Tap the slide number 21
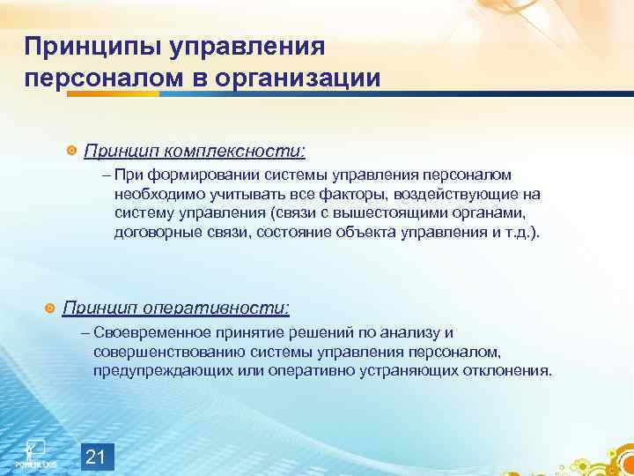click(98, 457)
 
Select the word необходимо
click(153, 194)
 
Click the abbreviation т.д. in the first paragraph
click(521, 233)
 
